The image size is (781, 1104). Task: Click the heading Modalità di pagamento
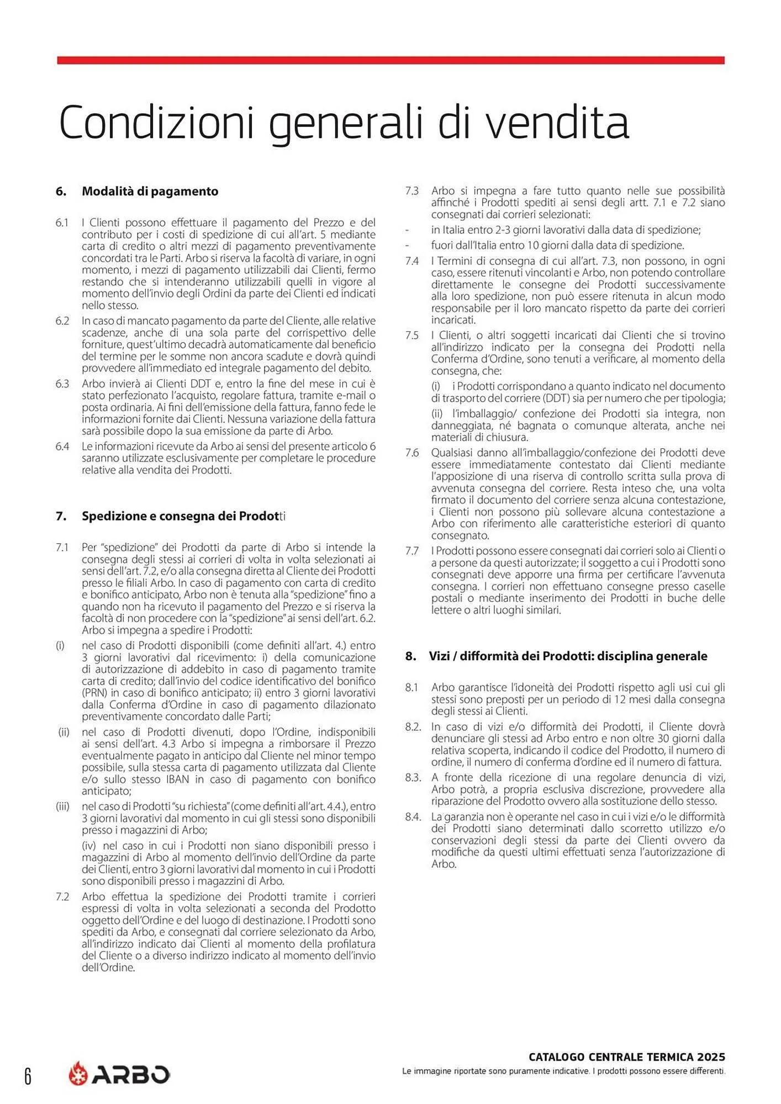click(x=150, y=192)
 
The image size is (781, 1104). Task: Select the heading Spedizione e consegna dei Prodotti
click(x=183, y=516)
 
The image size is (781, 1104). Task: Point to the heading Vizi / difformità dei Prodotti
click(x=568, y=656)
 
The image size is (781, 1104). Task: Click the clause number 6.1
click(x=62, y=222)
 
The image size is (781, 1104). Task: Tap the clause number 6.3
click(x=62, y=384)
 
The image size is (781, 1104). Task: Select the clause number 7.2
click(x=62, y=896)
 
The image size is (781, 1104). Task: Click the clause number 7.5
click(x=412, y=336)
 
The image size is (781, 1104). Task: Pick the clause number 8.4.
click(x=413, y=816)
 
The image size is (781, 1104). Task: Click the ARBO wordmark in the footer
click(x=131, y=1074)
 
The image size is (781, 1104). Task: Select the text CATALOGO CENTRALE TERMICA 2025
click(x=626, y=1057)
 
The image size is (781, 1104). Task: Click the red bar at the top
click(x=390, y=60)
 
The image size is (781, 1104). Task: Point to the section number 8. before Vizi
click(x=410, y=656)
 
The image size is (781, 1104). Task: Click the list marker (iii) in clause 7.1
click(x=62, y=806)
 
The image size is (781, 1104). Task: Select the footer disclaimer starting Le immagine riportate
click(x=563, y=1071)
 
